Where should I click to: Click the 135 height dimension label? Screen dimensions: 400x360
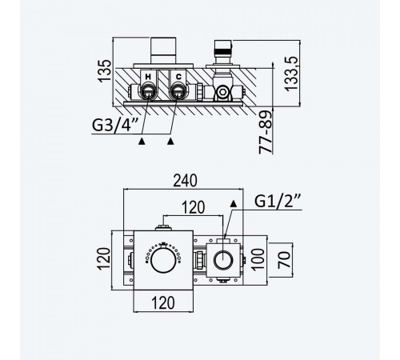pyautogui.click(x=104, y=71)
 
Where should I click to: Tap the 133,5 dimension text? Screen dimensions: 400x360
pyautogui.click(x=291, y=74)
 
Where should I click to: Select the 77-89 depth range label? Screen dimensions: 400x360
pyautogui.click(x=266, y=132)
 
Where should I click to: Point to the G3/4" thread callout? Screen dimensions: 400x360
pyautogui.click(x=115, y=125)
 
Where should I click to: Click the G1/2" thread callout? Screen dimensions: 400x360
pyautogui.click(x=278, y=201)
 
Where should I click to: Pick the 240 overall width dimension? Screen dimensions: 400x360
pyautogui.click(x=185, y=181)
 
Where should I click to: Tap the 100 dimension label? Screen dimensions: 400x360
pyautogui.click(x=258, y=260)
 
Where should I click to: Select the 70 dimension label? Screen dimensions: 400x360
pyautogui.click(x=284, y=260)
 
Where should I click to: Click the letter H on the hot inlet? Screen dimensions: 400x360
pyautogui.click(x=148, y=77)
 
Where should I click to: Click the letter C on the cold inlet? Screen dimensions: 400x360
pyautogui.click(x=178, y=77)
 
